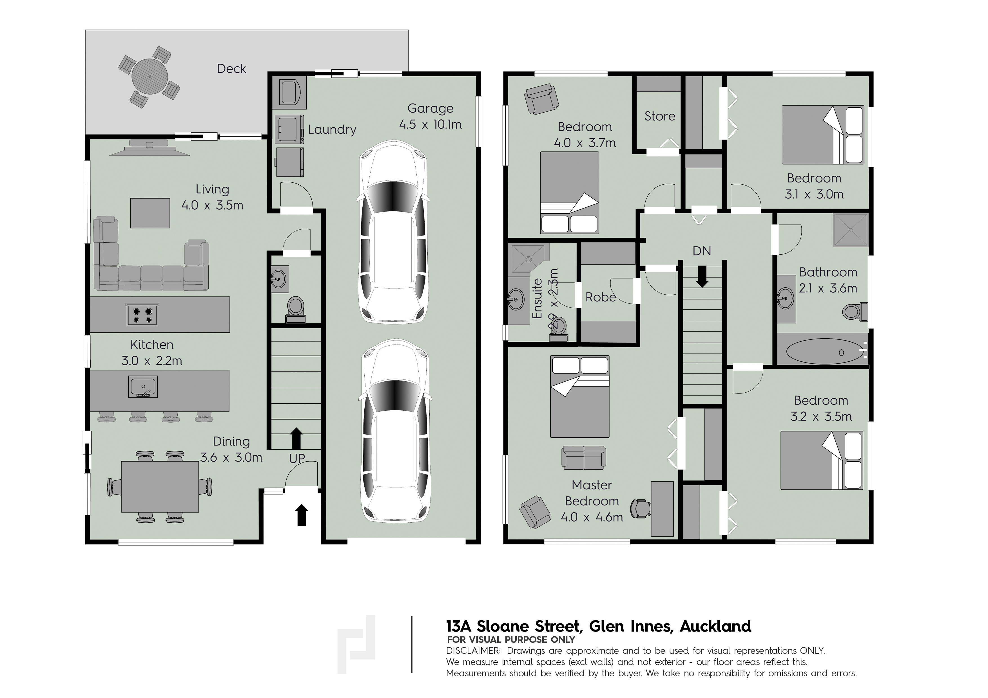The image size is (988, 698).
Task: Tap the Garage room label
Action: click(430, 108)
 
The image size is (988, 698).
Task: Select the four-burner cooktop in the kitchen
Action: click(143, 314)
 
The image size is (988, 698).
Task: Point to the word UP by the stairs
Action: click(297, 459)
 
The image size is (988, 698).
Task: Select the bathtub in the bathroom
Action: click(822, 352)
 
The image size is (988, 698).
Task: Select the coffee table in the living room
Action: click(150, 213)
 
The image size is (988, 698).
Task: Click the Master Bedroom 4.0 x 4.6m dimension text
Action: click(592, 517)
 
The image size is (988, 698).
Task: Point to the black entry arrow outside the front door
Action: click(302, 515)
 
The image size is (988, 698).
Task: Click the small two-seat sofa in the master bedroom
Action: click(583, 458)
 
